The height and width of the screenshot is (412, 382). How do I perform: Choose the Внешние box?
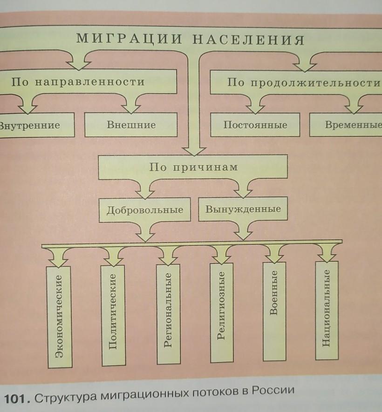pyautogui.click(x=131, y=125)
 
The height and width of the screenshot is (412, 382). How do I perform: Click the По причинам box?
pyautogui.click(x=193, y=167)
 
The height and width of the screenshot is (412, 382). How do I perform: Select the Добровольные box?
pyautogui.click(x=144, y=209)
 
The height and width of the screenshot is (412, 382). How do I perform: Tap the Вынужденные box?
pyautogui.click(x=243, y=209)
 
